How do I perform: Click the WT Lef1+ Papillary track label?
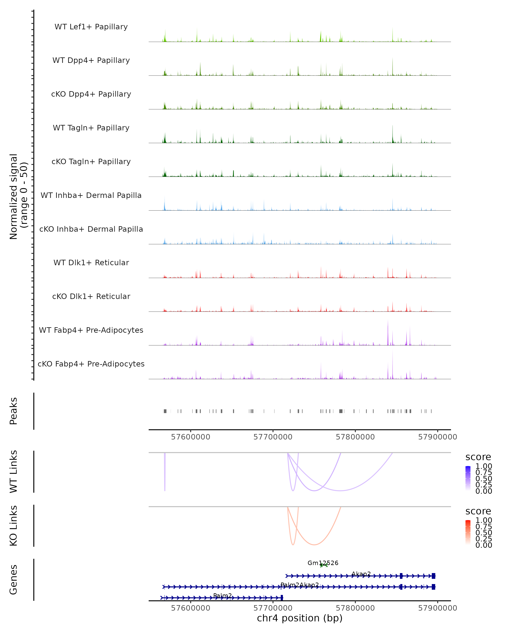[91, 27]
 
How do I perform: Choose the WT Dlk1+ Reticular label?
[91, 262]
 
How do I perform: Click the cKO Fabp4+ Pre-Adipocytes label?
[91, 364]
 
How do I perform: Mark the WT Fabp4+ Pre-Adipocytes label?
[91, 330]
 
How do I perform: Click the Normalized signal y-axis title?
[18, 196]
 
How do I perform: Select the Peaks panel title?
[14, 411]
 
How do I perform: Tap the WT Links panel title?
[14, 472]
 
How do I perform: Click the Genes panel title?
[14, 580]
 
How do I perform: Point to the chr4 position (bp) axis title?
[300, 618]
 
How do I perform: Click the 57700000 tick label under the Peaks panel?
[273, 437]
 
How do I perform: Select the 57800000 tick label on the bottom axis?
[355, 608]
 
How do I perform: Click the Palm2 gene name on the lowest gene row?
[222, 595]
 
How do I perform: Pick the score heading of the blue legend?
[478, 457]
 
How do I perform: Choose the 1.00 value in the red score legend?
[484, 520]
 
